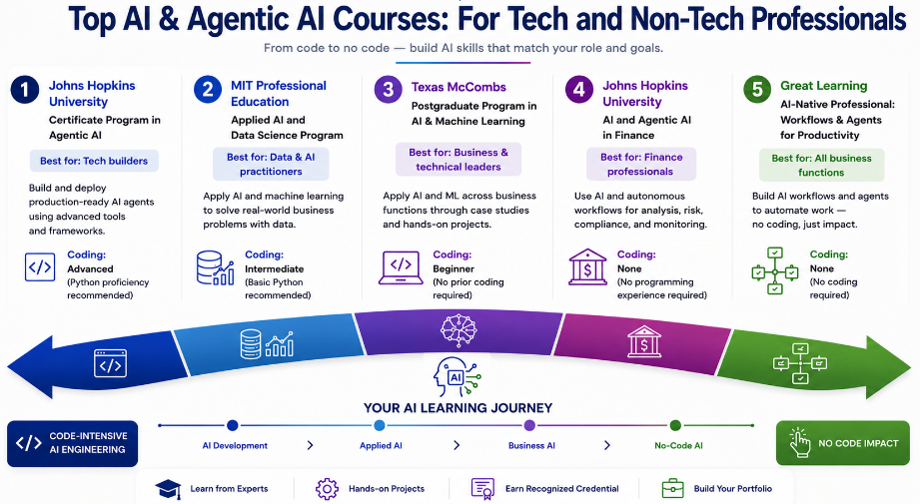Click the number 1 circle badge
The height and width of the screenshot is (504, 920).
pyautogui.click(x=25, y=90)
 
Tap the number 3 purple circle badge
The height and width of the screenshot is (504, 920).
pyautogui.click(x=388, y=90)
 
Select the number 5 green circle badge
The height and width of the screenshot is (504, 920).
pyautogui.click(x=757, y=90)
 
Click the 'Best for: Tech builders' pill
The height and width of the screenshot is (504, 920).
pyautogui.click(x=94, y=161)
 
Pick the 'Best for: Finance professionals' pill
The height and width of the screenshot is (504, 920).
pyautogui.click(x=641, y=164)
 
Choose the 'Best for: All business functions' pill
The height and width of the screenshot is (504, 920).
pyautogui.click(x=821, y=166)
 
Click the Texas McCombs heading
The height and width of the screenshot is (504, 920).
pyautogui.click(x=459, y=87)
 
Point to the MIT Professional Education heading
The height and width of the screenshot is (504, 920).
pyautogui.click(x=278, y=93)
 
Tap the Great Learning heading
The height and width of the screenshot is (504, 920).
pyautogui.click(x=823, y=86)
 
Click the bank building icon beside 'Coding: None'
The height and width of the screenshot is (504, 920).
pyautogui.click(x=587, y=267)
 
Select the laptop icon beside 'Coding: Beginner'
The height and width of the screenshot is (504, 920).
pyautogui.click(x=401, y=267)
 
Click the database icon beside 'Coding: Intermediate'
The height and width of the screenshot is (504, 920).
pyautogui.click(x=216, y=267)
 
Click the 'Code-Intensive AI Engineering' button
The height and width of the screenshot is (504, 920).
pyautogui.click(x=72, y=443)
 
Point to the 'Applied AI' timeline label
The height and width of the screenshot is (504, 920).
pyautogui.click(x=381, y=445)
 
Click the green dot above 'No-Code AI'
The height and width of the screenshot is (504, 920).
pyautogui.click(x=675, y=425)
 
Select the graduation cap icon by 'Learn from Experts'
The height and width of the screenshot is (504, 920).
pyautogui.click(x=168, y=489)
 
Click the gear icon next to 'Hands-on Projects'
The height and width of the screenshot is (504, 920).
pyautogui.click(x=327, y=489)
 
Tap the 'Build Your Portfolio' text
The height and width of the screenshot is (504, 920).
pyautogui.click(x=733, y=488)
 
